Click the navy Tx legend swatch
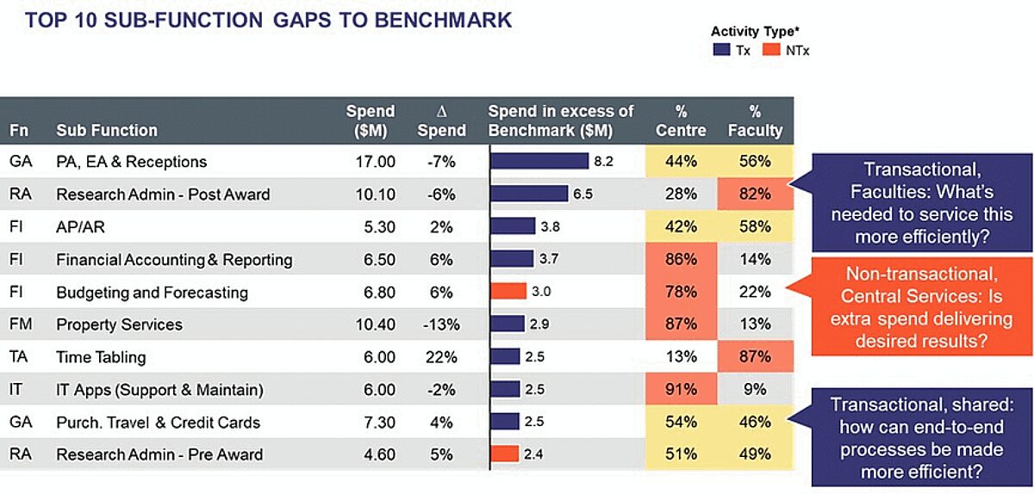(721, 51)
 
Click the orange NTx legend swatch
(771, 51)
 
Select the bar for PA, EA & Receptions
(539, 162)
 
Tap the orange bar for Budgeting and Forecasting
(508, 292)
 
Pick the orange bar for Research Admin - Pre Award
(505, 454)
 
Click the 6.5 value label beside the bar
(583, 195)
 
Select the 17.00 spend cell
(375, 162)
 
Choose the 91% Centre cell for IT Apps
(681, 390)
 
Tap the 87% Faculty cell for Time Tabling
(755, 357)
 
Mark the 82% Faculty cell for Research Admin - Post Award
(755, 195)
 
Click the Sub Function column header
(107, 131)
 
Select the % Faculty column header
(755, 121)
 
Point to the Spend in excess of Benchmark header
(561, 121)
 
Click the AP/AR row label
(81, 227)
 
